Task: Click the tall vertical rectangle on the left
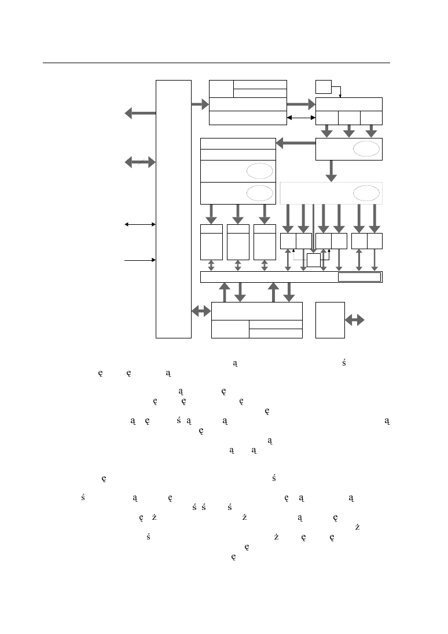pos(174,209)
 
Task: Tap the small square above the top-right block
pos(323,87)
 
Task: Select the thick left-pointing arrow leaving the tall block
pos(140,114)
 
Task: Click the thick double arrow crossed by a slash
pos(140,162)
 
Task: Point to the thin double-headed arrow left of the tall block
pos(140,224)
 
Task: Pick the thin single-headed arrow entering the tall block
pos(140,260)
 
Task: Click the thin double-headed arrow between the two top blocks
pos(301,118)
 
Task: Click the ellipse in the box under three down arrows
pos(366,149)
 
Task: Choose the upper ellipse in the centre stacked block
pos(259,171)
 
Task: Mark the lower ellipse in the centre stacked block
pos(259,193)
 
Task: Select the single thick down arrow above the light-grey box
pos(331,170)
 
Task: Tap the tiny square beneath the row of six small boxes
pos(313,260)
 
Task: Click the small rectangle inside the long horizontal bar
pos(359,277)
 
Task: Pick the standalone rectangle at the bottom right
pos(330,319)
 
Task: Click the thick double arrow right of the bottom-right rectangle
pos(354,319)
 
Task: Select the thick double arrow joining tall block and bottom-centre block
pos(201,311)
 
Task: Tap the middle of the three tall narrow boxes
pos(238,242)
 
